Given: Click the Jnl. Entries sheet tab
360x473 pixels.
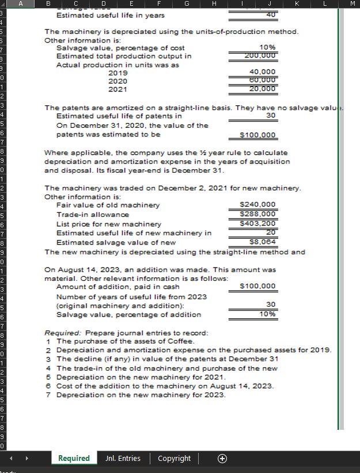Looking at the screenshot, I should click(123, 458).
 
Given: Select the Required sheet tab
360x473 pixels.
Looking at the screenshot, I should click(74, 458).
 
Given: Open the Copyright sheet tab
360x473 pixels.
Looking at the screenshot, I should click(174, 458).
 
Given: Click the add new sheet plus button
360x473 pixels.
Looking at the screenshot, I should click(222, 458).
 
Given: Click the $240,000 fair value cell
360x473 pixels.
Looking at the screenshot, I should click(258, 204).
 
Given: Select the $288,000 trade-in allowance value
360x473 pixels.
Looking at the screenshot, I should click(258, 214).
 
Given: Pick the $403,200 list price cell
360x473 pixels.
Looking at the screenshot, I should click(258, 223).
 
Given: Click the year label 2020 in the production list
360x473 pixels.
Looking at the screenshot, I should click(118, 81).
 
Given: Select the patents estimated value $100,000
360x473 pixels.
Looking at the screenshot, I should click(257, 135).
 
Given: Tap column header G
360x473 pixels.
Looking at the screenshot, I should click(187, 5).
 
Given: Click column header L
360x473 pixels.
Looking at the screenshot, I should click(325, 5).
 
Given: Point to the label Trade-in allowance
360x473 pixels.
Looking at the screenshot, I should click(93, 214).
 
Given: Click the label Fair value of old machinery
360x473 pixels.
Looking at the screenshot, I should click(108, 205).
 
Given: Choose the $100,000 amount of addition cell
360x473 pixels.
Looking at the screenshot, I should click(257, 286).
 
